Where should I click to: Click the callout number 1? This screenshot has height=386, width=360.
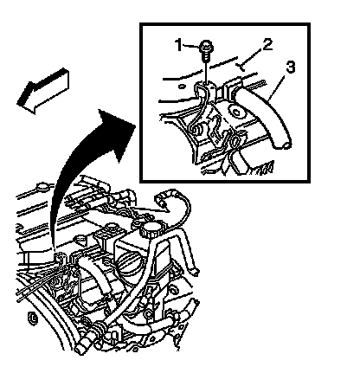point(179,45)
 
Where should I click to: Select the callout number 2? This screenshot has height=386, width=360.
point(267,44)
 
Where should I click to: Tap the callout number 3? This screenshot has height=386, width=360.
point(290,67)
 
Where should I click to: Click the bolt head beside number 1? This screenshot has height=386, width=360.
point(205,46)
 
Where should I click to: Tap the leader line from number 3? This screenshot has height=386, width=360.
point(276,87)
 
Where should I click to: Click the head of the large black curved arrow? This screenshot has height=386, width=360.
point(119,130)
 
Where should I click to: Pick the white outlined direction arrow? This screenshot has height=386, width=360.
point(42,91)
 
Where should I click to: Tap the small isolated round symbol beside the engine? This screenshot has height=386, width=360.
point(33,318)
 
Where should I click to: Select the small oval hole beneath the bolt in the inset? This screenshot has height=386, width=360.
point(182,86)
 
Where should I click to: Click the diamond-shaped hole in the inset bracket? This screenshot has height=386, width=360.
point(235,112)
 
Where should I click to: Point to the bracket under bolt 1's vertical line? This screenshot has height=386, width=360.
point(207,95)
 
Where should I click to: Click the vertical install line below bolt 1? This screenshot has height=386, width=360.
point(206,72)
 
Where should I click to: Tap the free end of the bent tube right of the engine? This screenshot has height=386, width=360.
point(195,271)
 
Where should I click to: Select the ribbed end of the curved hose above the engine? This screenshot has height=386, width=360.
point(164,199)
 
